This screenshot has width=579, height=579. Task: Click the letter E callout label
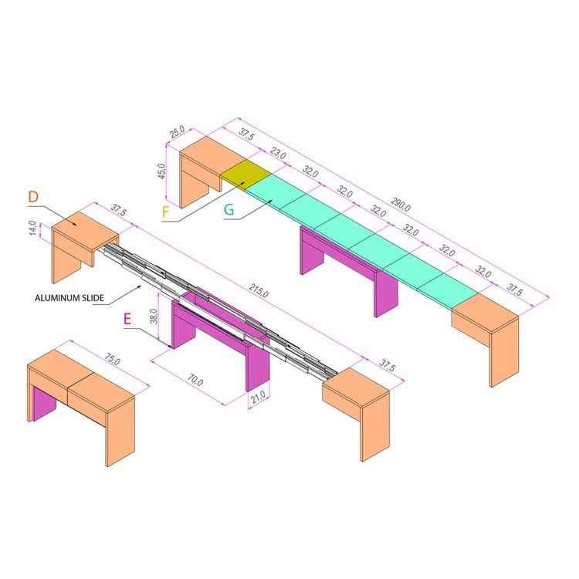coord(130,320)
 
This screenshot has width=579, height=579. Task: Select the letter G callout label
coord(229,208)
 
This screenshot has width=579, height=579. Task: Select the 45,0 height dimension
coord(161,168)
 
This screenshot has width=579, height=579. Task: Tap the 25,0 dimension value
coord(177,133)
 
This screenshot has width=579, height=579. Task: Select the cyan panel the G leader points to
coord(277,194)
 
